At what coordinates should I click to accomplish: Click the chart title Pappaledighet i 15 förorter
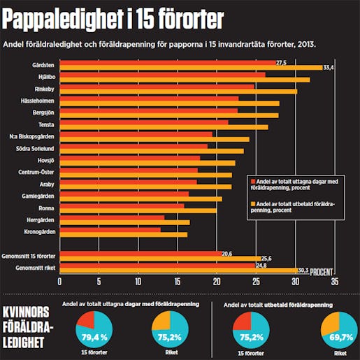pos(113,19)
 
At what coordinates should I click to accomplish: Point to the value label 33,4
pos(333,68)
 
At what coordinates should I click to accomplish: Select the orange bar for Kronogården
pos(123,234)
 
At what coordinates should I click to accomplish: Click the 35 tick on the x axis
pos(335,283)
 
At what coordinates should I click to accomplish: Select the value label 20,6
pos(226,252)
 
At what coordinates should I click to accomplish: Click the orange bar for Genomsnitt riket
pos(178,270)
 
